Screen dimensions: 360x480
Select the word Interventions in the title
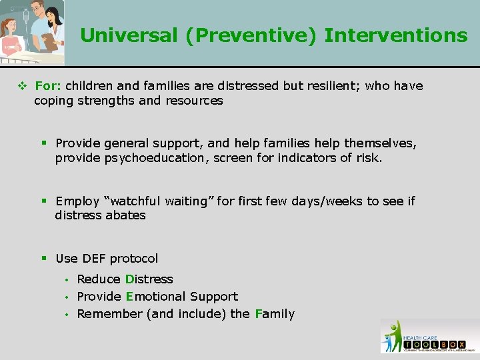coord(396,35)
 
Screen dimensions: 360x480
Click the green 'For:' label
coord(47,86)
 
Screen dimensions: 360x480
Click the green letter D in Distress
coord(129,279)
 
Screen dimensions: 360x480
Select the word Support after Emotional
coord(214,296)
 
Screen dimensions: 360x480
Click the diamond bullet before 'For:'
coord(23,86)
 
